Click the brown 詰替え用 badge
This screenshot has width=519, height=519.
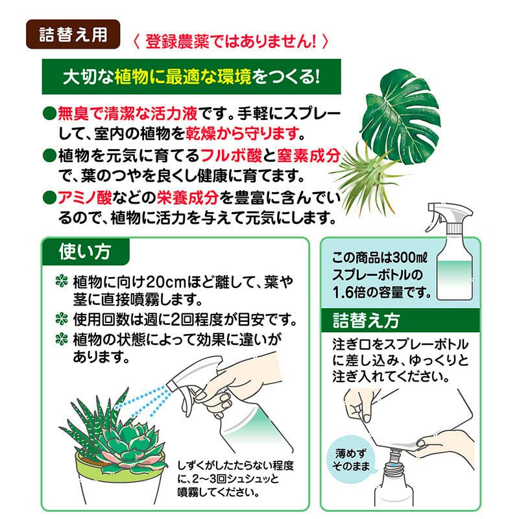[73, 34]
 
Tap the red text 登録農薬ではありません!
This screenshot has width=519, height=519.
[231, 42]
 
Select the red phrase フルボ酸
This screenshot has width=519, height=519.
[232, 156]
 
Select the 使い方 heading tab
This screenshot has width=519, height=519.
[85, 251]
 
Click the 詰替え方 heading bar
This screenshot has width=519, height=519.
[400, 320]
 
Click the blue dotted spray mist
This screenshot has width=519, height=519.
[143, 400]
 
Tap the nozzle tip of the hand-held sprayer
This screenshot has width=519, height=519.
[170, 386]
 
